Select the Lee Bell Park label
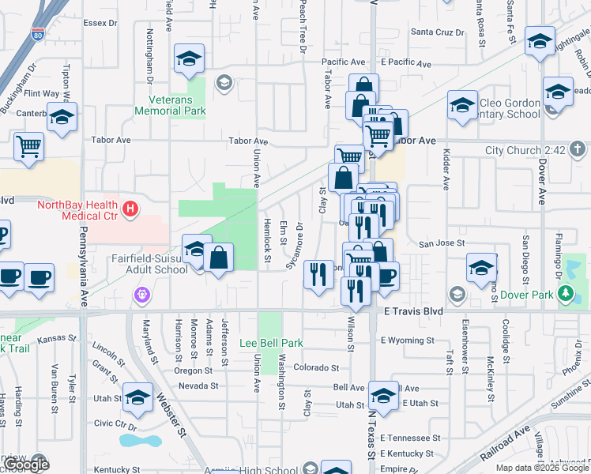(272, 344)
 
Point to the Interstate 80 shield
(38, 34)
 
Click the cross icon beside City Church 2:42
(578, 149)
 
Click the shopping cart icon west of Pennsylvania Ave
(28, 145)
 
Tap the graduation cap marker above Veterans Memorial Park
(190, 59)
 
